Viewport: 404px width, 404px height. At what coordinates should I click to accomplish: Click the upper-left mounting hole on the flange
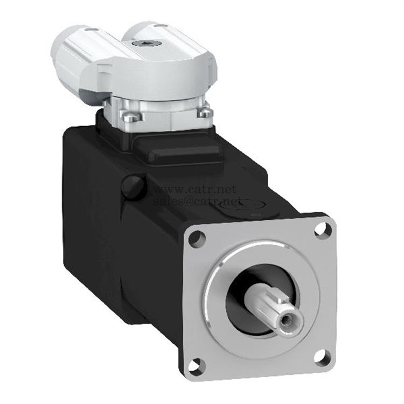197,238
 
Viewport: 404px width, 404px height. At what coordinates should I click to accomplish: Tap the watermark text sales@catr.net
186,201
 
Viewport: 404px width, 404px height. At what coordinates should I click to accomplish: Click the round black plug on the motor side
133,186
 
